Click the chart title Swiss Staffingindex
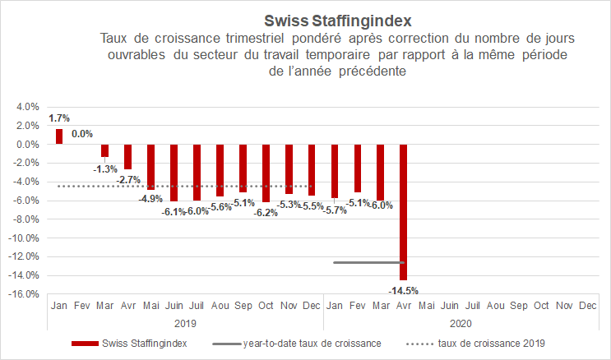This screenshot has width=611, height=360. tap(338, 19)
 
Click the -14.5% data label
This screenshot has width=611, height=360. tap(404, 289)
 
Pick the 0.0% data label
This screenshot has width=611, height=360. tap(82, 134)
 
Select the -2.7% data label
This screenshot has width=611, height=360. tap(127, 179)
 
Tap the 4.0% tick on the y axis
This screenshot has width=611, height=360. tap(27, 107)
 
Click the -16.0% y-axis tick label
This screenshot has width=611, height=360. tap(25, 294)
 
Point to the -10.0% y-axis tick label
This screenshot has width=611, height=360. tap(25, 238)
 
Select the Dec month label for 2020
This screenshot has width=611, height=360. tap(587, 306)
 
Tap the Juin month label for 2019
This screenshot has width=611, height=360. tap(174, 306)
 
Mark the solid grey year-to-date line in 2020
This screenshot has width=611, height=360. tap(369, 262)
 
